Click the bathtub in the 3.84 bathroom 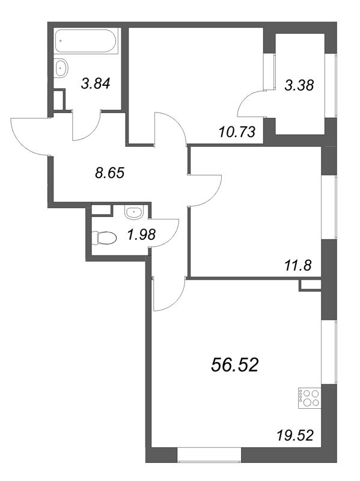pyautogui.click(x=85, y=41)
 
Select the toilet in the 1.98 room pyautogui.click(x=104, y=237)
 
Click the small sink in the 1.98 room pyautogui.click(x=133, y=212)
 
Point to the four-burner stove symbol pyautogui.click(x=310, y=398)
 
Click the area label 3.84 pyautogui.click(x=96, y=84)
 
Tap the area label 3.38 pyautogui.click(x=299, y=85)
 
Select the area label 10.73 pyautogui.click(x=237, y=132)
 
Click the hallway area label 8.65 pyautogui.click(x=110, y=173)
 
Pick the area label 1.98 pyautogui.click(x=142, y=235)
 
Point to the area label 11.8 pyautogui.click(x=297, y=265)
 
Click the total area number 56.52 pyautogui.click(x=235, y=366)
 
